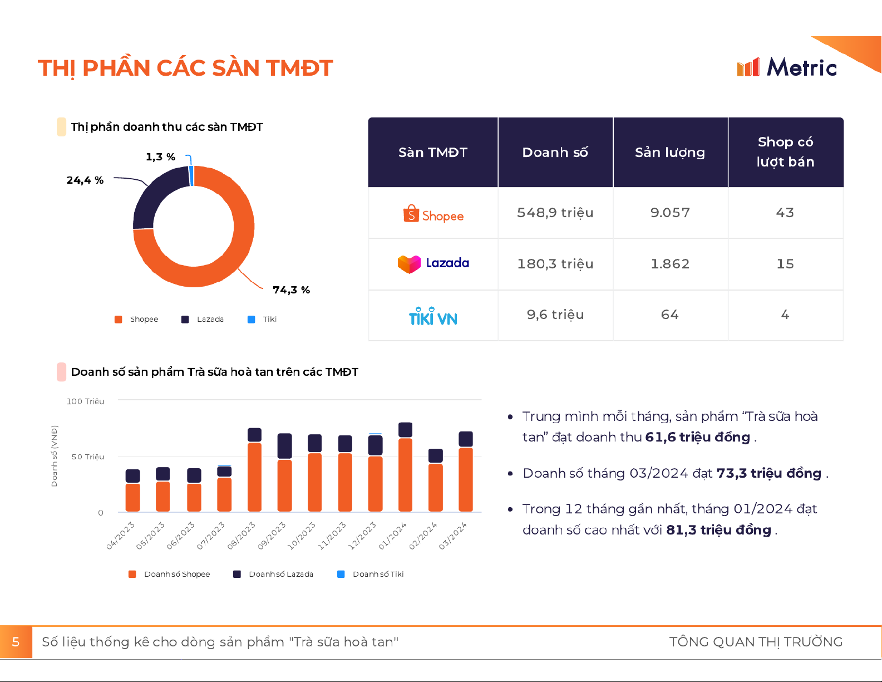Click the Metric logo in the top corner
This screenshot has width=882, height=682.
tap(786, 67)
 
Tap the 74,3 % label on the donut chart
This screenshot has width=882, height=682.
tap(291, 290)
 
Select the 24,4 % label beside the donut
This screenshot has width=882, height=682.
tap(85, 180)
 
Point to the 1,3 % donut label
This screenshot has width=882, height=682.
tap(160, 157)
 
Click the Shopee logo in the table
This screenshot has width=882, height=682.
tap(433, 214)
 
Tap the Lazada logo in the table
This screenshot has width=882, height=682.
tap(433, 263)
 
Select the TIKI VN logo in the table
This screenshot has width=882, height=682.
tap(433, 316)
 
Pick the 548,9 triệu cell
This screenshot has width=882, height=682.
tap(555, 213)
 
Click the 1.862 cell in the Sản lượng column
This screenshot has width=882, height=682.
tap(670, 264)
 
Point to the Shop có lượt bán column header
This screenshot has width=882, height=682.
tap(785, 152)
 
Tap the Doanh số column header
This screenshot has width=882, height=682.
tap(555, 153)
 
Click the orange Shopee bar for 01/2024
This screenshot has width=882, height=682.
tap(406, 474)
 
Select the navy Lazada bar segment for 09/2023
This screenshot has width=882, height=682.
tap(284, 446)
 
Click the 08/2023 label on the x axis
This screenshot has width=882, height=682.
tap(242, 535)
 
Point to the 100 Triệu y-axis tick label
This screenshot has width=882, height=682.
tap(85, 401)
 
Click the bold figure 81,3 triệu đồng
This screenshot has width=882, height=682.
tap(718, 530)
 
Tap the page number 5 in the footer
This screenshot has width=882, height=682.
tap(16, 642)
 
